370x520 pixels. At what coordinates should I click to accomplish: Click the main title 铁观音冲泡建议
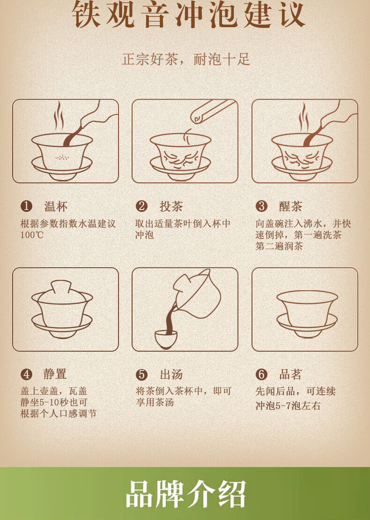coord(188,14)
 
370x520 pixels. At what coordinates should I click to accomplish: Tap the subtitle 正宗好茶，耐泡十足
coord(186,60)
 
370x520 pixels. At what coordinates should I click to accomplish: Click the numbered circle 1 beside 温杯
coord(27,206)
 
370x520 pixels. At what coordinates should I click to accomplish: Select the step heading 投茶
coord(171,206)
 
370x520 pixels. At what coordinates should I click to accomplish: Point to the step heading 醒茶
coord(290,206)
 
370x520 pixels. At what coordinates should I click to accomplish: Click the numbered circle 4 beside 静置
coord(27,375)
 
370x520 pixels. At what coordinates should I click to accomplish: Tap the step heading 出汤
coord(171,375)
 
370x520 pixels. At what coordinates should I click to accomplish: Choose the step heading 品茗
coord(290,375)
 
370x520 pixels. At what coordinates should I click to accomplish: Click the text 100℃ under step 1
coord(32,235)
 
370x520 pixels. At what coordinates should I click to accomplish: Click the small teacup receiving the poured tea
coord(166,339)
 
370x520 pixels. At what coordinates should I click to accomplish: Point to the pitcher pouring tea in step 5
coord(195,294)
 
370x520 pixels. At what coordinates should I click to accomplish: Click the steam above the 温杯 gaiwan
coord(59,116)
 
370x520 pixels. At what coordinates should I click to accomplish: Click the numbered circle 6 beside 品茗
coord(261,375)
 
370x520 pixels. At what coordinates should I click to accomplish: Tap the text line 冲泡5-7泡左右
coord(288,406)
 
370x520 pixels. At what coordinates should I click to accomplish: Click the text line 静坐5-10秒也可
coord(54,402)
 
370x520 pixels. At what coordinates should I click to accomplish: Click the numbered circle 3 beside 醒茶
coord(261,206)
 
